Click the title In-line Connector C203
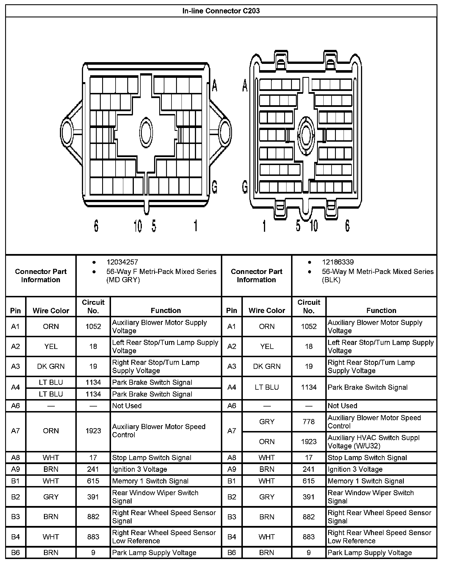coord(221,11)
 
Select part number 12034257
coord(122,262)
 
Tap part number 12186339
coord(338,262)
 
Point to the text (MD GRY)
coord(123,280)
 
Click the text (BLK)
coord(331,280)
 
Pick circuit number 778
coord(309,422)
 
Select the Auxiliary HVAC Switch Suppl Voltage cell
coord(374,442)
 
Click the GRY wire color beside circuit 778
coord(267,422)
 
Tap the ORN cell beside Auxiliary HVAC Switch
coord(267,442)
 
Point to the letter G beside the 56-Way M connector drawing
coord(245,187)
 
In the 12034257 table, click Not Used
coord(127,406)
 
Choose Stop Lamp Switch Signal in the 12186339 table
coord(367,458)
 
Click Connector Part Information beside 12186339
coord(257,276)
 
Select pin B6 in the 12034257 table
coord(15,553)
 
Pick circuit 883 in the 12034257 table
coord(93,537)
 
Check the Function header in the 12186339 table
coord(381,310)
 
